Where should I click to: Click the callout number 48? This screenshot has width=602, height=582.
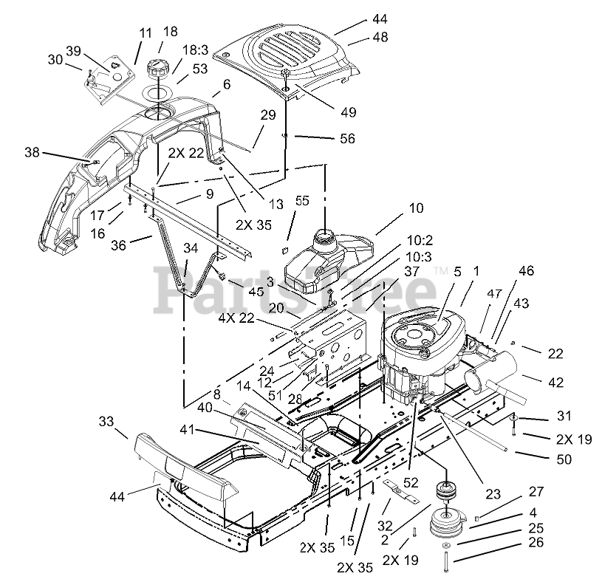pyautogui.click(x=380, y=37)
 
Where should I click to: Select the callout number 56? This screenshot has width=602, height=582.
pyautogui.click(x=347, y=138)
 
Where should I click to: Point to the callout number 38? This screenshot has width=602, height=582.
pyautogui.click(x=32, y=152)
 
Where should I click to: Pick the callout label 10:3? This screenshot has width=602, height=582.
pyautogui.click(x=419, y=256)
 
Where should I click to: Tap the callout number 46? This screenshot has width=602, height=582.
pyautogui.click(x=526, y=270)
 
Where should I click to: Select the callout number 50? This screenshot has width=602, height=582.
pyautogui.click(x=564, y=459)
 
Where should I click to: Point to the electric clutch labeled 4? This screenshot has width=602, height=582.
pyautogui.click(x=447, y=525)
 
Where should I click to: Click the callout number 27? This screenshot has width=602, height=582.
pyautogui.click(x=536, y=491)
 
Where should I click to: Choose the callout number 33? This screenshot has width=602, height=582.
pyautogui.click(x=106, y=421)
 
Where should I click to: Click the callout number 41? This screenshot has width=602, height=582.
pyautogui.click(x=187, y=430)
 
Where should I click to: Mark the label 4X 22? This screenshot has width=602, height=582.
pyautogui.click(x=237, y=318)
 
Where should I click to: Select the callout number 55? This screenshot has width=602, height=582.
pyautogui.click(x=302, y=200)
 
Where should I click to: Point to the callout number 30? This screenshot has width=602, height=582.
pyautogui.click(x=55, y=60)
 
